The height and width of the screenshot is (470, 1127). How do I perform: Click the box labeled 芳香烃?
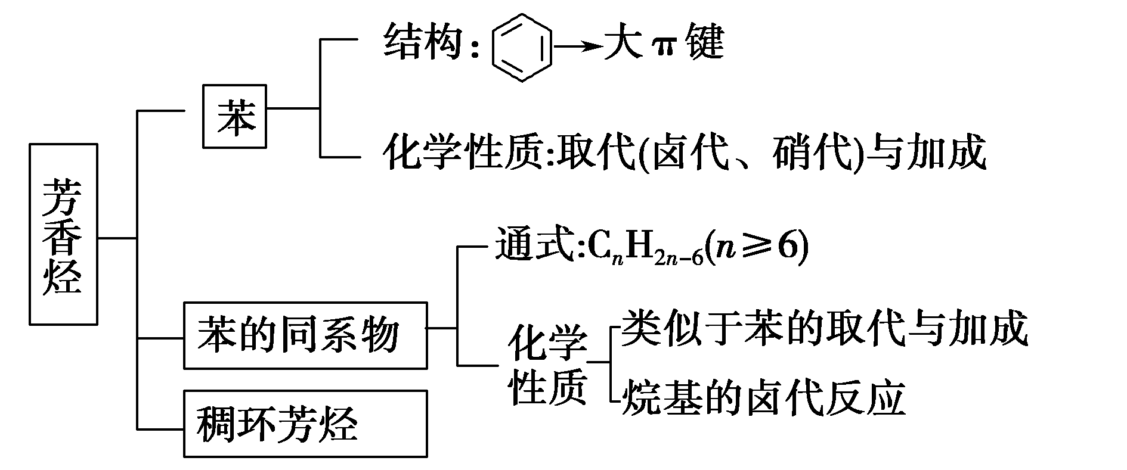pyautogui.click(x=63, y=234)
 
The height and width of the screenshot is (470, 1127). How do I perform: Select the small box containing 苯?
pyautogui.click(x=234, y=117)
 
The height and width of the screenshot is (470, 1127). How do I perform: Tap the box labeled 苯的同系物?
pyautogui.click(x=305, y=335)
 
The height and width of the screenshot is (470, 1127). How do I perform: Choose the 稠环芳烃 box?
pyautogui.click(x=305, y=424)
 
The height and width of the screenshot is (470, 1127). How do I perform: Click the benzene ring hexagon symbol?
pyautogui.click(x=521, y=47)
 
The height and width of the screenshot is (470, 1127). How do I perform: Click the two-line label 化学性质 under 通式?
pyautogui.click(x=547, y=365)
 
